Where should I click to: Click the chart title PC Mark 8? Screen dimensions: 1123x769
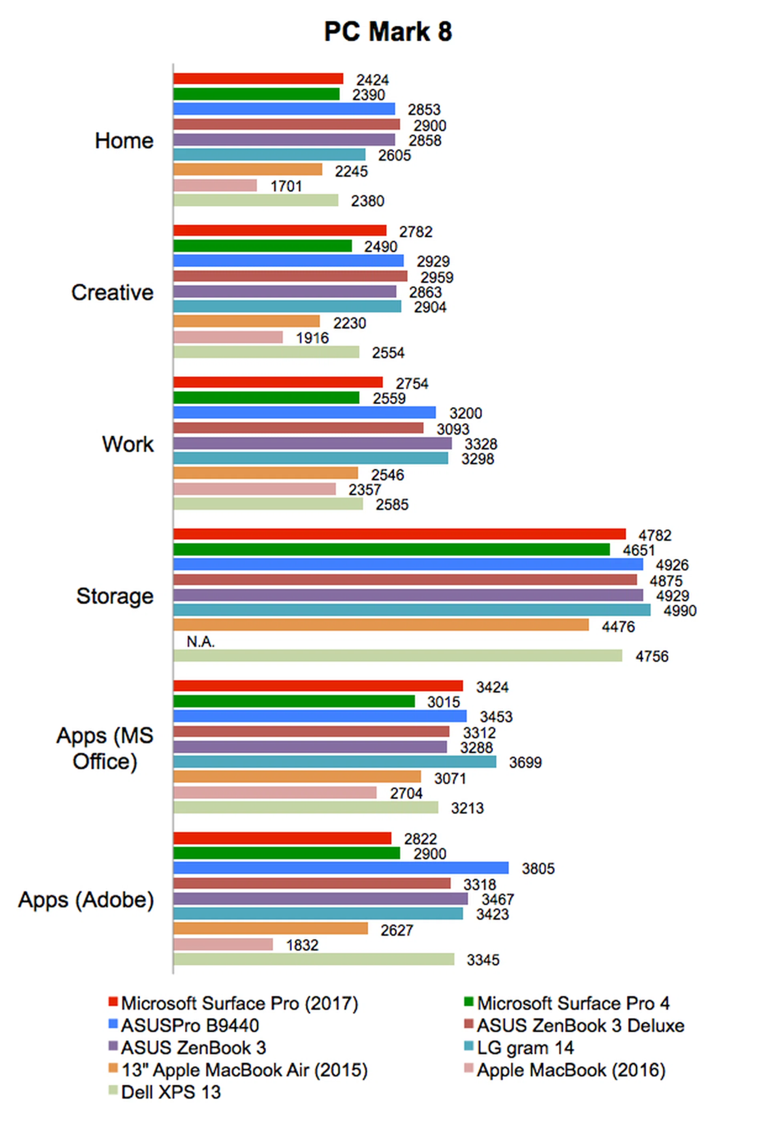coord(388,32)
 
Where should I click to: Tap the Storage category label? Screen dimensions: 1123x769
coord(115,596)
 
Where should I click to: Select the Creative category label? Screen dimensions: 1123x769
coord(113,292)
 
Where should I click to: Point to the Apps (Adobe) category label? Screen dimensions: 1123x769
coord(87,899)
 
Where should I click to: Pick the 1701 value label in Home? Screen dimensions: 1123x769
coord(286,186)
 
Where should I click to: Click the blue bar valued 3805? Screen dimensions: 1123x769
coord(340,868)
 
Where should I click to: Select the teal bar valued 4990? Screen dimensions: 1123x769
coord(412,610)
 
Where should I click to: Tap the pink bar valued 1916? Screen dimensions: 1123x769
coord(228,337)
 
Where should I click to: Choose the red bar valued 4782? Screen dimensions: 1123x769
coord(399,534)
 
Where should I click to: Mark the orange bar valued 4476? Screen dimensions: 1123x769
coord(380,625)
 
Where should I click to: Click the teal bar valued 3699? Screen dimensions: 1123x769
coord(335,762)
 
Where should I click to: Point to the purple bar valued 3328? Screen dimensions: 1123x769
coord(312,443)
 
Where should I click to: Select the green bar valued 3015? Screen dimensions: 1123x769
coord(294,701)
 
